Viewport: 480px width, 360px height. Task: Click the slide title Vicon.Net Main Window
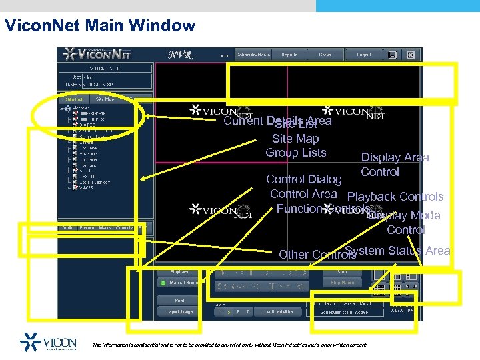(99, 26)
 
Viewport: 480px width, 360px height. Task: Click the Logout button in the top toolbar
(364, 55)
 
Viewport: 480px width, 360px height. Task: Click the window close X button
(411, 55)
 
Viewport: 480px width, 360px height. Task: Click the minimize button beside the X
(393, 55)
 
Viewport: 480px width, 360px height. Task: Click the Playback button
(180, 272)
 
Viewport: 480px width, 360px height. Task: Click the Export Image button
(180, 311)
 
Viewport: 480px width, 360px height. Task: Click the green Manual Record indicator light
(162, 283)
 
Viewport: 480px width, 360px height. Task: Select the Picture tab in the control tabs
(87, 228)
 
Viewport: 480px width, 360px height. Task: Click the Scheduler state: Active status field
(344, 311)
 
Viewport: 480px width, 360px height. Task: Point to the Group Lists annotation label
(295, 153)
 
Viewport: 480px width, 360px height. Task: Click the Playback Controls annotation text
(395, 197)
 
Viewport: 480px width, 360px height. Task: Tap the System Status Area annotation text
(397, 251)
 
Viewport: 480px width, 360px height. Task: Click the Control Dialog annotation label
(303, 179)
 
